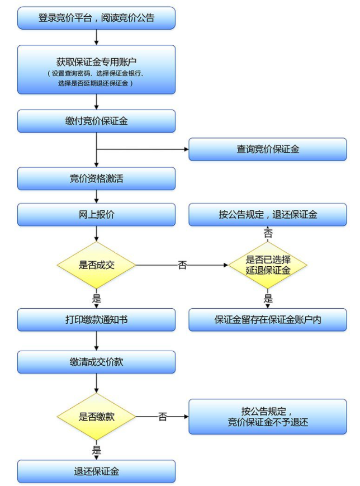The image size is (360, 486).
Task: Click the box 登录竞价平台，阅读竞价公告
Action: coord(96,18)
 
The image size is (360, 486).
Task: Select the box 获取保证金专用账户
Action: coord(96,69)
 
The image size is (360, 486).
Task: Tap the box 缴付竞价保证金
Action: coord(96,121)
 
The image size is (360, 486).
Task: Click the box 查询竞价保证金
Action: coord(268,149)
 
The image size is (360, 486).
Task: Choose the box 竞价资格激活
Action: coord(96,178)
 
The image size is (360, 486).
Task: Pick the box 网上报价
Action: coord(96,214)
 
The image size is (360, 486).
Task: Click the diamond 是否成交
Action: coord(96,265)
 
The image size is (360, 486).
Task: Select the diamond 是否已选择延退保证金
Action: coord(268,265)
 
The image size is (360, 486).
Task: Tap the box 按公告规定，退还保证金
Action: coord(268,214)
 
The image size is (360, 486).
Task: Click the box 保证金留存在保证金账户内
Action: coord(268,320)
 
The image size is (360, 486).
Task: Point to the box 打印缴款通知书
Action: coord(96,320)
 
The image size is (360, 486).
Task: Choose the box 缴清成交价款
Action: coord(96,362)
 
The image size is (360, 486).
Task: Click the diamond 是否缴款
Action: coord(96,416)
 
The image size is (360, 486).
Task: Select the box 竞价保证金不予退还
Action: coord(268,416)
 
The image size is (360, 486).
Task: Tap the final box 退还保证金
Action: coord(96,471)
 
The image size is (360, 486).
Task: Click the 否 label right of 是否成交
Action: coord(182,265)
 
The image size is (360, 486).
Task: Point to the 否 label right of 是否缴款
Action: coord(163,417)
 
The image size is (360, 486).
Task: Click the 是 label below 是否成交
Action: coord(96,299)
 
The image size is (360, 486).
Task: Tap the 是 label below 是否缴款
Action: coord(96,450)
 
